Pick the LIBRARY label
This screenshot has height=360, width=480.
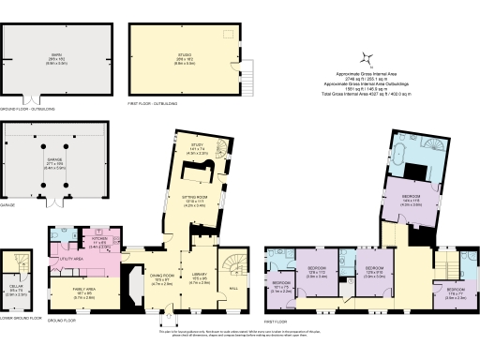click(x=199, y=277)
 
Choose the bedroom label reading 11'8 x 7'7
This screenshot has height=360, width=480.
click(x=457, y=292)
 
